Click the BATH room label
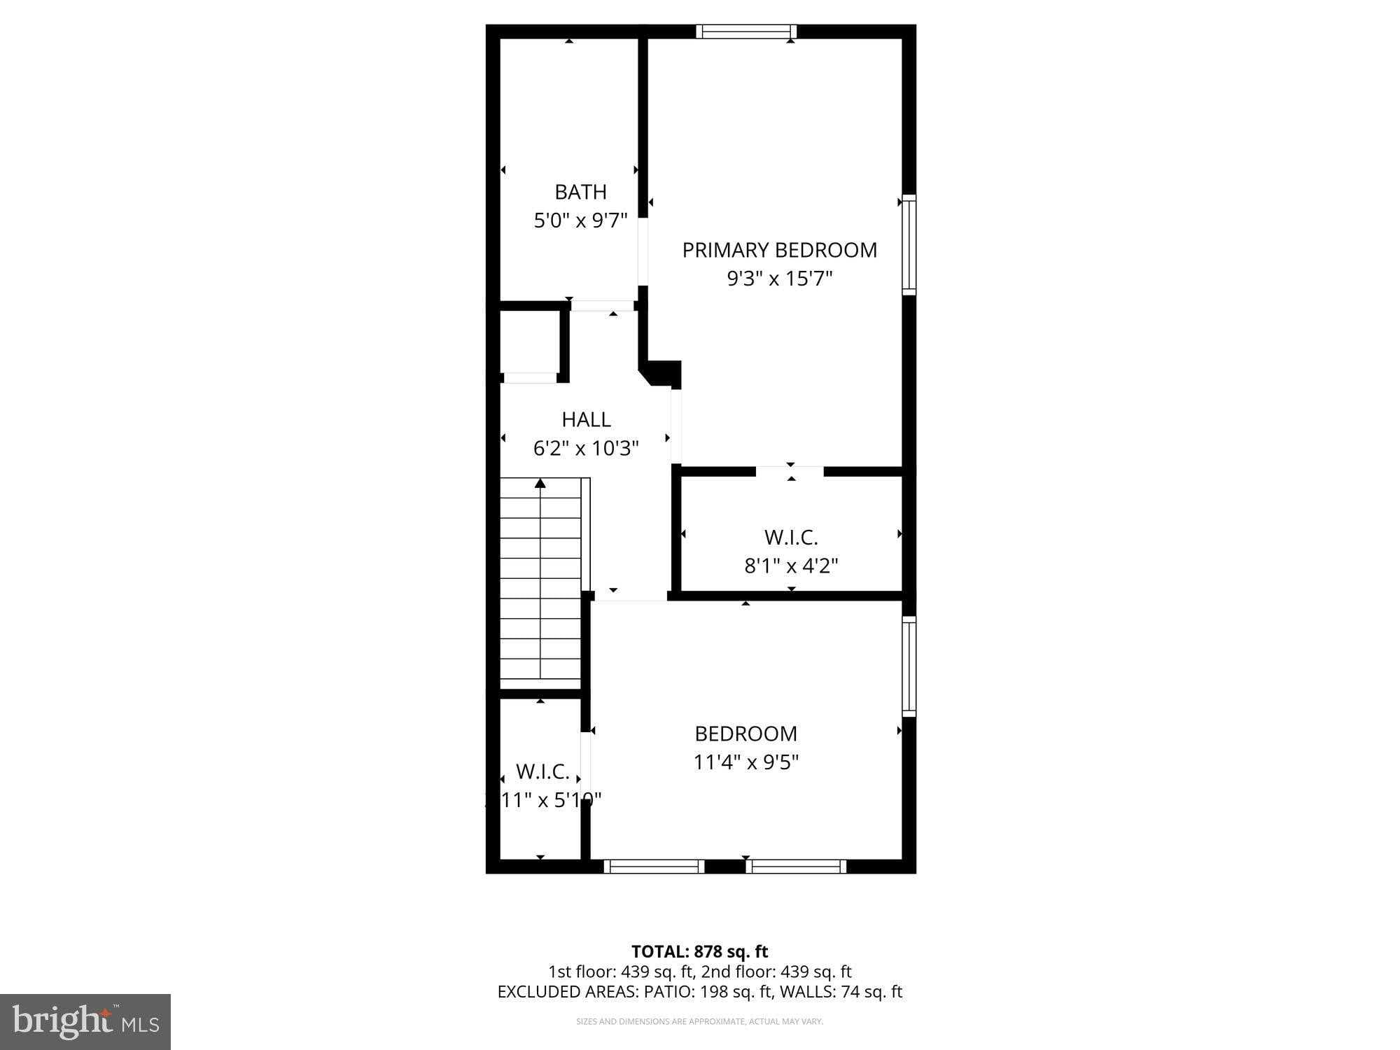[x=580, y=192]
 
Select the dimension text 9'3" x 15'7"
[x=779, y=279]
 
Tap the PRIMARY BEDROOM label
[x=779, y=250]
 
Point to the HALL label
[x=586, y=419]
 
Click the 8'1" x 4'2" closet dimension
[x=791, y=566]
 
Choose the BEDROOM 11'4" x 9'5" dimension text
[x=745, y=762]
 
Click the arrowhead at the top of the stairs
[x=540, y=483]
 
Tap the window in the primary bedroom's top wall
[x=746, y=31]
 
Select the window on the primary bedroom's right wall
[x=908, y=244]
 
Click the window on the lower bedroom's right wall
[x=908, y=666]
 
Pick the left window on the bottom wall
[x=654, y=867]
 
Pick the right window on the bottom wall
[x=796, y=867]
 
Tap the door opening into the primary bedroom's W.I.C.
[x=790, y=471]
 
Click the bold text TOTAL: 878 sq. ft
[x=699, y=952]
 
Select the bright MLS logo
[x=85, y=1022]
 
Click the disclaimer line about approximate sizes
[x=699, y=1022]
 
